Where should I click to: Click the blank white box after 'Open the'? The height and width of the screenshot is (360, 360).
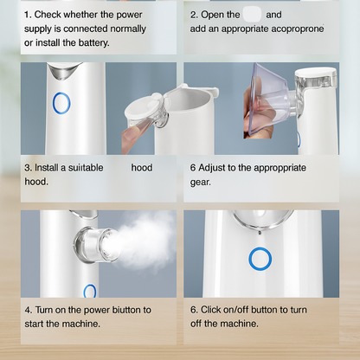tap(252, 15)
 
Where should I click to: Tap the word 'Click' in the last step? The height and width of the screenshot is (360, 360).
tap(216, 309)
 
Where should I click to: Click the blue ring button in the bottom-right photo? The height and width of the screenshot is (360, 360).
tap(259, 258)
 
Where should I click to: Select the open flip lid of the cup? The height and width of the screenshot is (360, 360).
tap(144, 108)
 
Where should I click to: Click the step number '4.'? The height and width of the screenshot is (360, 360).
tap(29, 309)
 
